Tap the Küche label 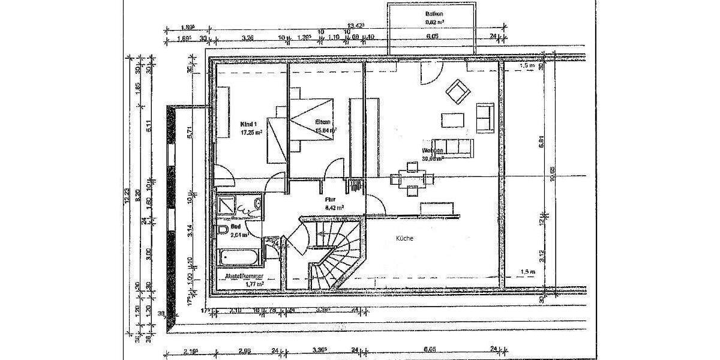(404, 238)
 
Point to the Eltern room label (323, 122)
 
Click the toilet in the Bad (223, 231)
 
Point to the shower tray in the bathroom (228, 206)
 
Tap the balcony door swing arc (428, 76)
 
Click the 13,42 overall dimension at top (356, 26)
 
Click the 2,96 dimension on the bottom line (244, 351)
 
